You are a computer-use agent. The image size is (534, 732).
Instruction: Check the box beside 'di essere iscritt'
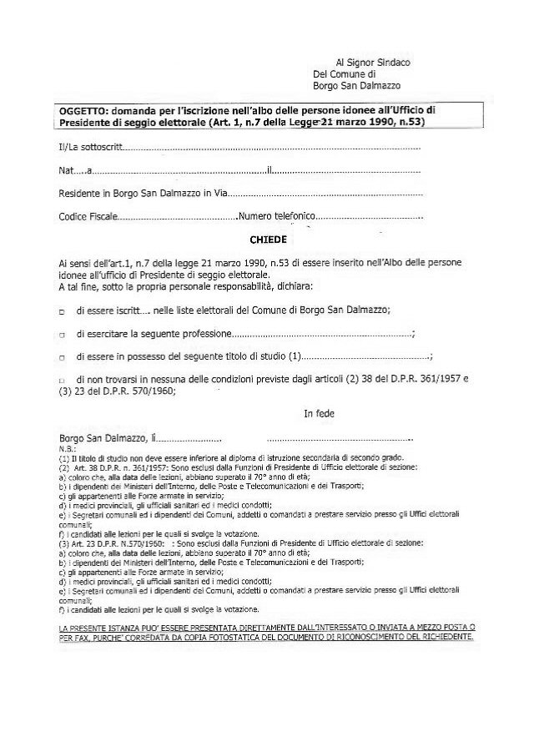(x=63, y=310)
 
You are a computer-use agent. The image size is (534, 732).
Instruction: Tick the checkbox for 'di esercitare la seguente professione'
(x=63, y=335)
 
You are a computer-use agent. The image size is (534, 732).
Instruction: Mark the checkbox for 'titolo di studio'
(x=63, y=357)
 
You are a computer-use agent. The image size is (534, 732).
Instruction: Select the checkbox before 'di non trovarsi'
(x=63, y=381)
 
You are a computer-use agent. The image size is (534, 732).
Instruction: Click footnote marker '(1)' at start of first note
(x=64, y=458)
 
